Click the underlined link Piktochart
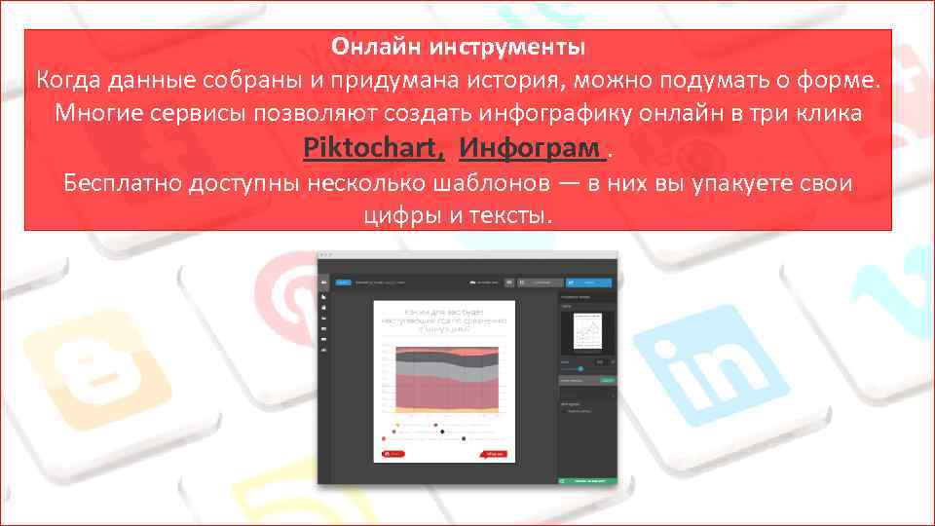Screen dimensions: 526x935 [x=374, y=149]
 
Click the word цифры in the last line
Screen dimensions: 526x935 [x=398, y=214]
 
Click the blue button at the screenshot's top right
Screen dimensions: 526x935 [x=589, y=282]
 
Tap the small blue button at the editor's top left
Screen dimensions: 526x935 [x=343, y=282]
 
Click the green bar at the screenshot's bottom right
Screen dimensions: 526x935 [x=587, y=480]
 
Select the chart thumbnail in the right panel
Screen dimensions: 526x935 [x=587, y=332]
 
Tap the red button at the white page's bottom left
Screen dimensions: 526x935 [x=393, y=453]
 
